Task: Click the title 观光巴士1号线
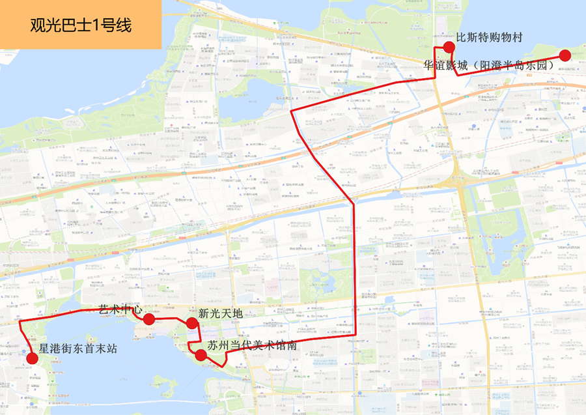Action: click(81, 26)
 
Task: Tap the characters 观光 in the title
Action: click(46, 26)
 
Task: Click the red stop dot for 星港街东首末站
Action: click(31, 357)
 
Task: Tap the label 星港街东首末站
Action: click(77, 349)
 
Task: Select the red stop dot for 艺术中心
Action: click(148, 319)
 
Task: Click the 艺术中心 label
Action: click(119, 308)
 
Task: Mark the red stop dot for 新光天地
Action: click(191, 324)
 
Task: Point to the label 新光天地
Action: click(220, 313)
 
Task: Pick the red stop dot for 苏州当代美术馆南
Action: click(201, 355)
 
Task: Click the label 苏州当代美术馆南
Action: click(252, 345)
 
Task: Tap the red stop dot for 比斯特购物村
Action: click(449, 46)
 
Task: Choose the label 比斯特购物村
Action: click(489, 36)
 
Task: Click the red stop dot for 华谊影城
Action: click(565, 55)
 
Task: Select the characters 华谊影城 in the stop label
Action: click(445, 66)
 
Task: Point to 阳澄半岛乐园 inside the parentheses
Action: click(514, 66)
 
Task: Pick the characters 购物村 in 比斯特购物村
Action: click(505, 36)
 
